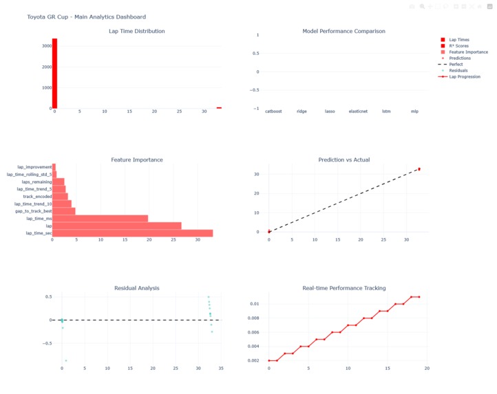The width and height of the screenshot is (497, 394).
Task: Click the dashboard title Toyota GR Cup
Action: [86, 17]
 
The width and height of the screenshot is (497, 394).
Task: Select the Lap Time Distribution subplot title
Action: [136, 31]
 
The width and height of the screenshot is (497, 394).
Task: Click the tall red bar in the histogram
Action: [54, 73]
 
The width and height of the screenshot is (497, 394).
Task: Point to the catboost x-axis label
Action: [273, 111]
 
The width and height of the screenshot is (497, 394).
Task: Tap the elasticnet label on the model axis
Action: [358, 111]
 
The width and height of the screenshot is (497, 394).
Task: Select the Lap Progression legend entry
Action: [465, 76]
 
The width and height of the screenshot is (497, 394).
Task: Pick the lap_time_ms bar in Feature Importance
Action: [100, 219]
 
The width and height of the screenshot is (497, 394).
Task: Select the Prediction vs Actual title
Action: [343, 160]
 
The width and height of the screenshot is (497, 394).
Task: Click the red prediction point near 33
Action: [419, 169]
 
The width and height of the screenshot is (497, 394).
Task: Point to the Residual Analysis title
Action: [136, 288]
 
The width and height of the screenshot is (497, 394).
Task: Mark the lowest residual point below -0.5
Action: [66, 360]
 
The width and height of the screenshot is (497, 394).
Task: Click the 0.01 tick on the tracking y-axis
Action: [254, 304]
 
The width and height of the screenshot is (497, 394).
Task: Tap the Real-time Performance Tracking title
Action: [343, 288]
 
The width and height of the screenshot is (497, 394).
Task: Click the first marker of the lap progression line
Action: [269, 360]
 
